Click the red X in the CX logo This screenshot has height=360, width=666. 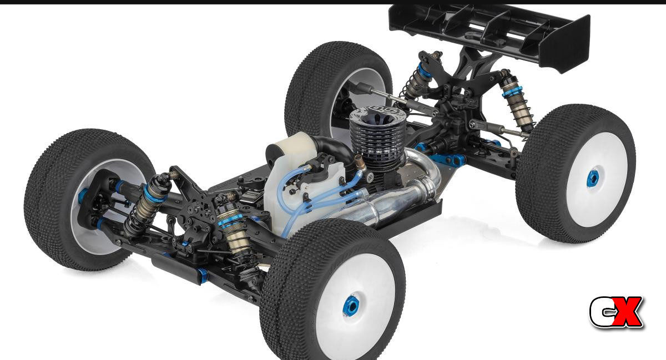[626, 312]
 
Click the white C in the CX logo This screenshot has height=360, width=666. [601, 312]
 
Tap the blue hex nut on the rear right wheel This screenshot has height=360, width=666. [592, 179]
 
